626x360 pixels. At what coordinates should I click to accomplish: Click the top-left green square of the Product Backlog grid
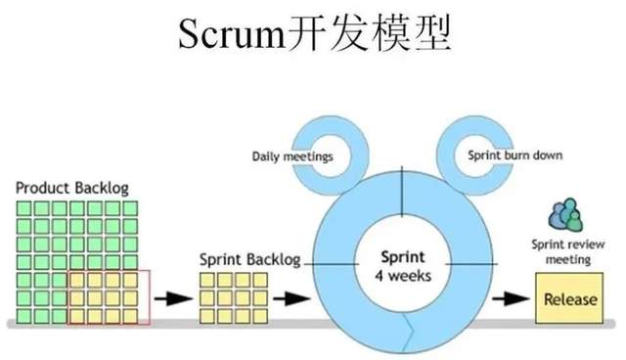tap(23, 207)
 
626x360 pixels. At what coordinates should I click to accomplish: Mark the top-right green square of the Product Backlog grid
tap(129, 207)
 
